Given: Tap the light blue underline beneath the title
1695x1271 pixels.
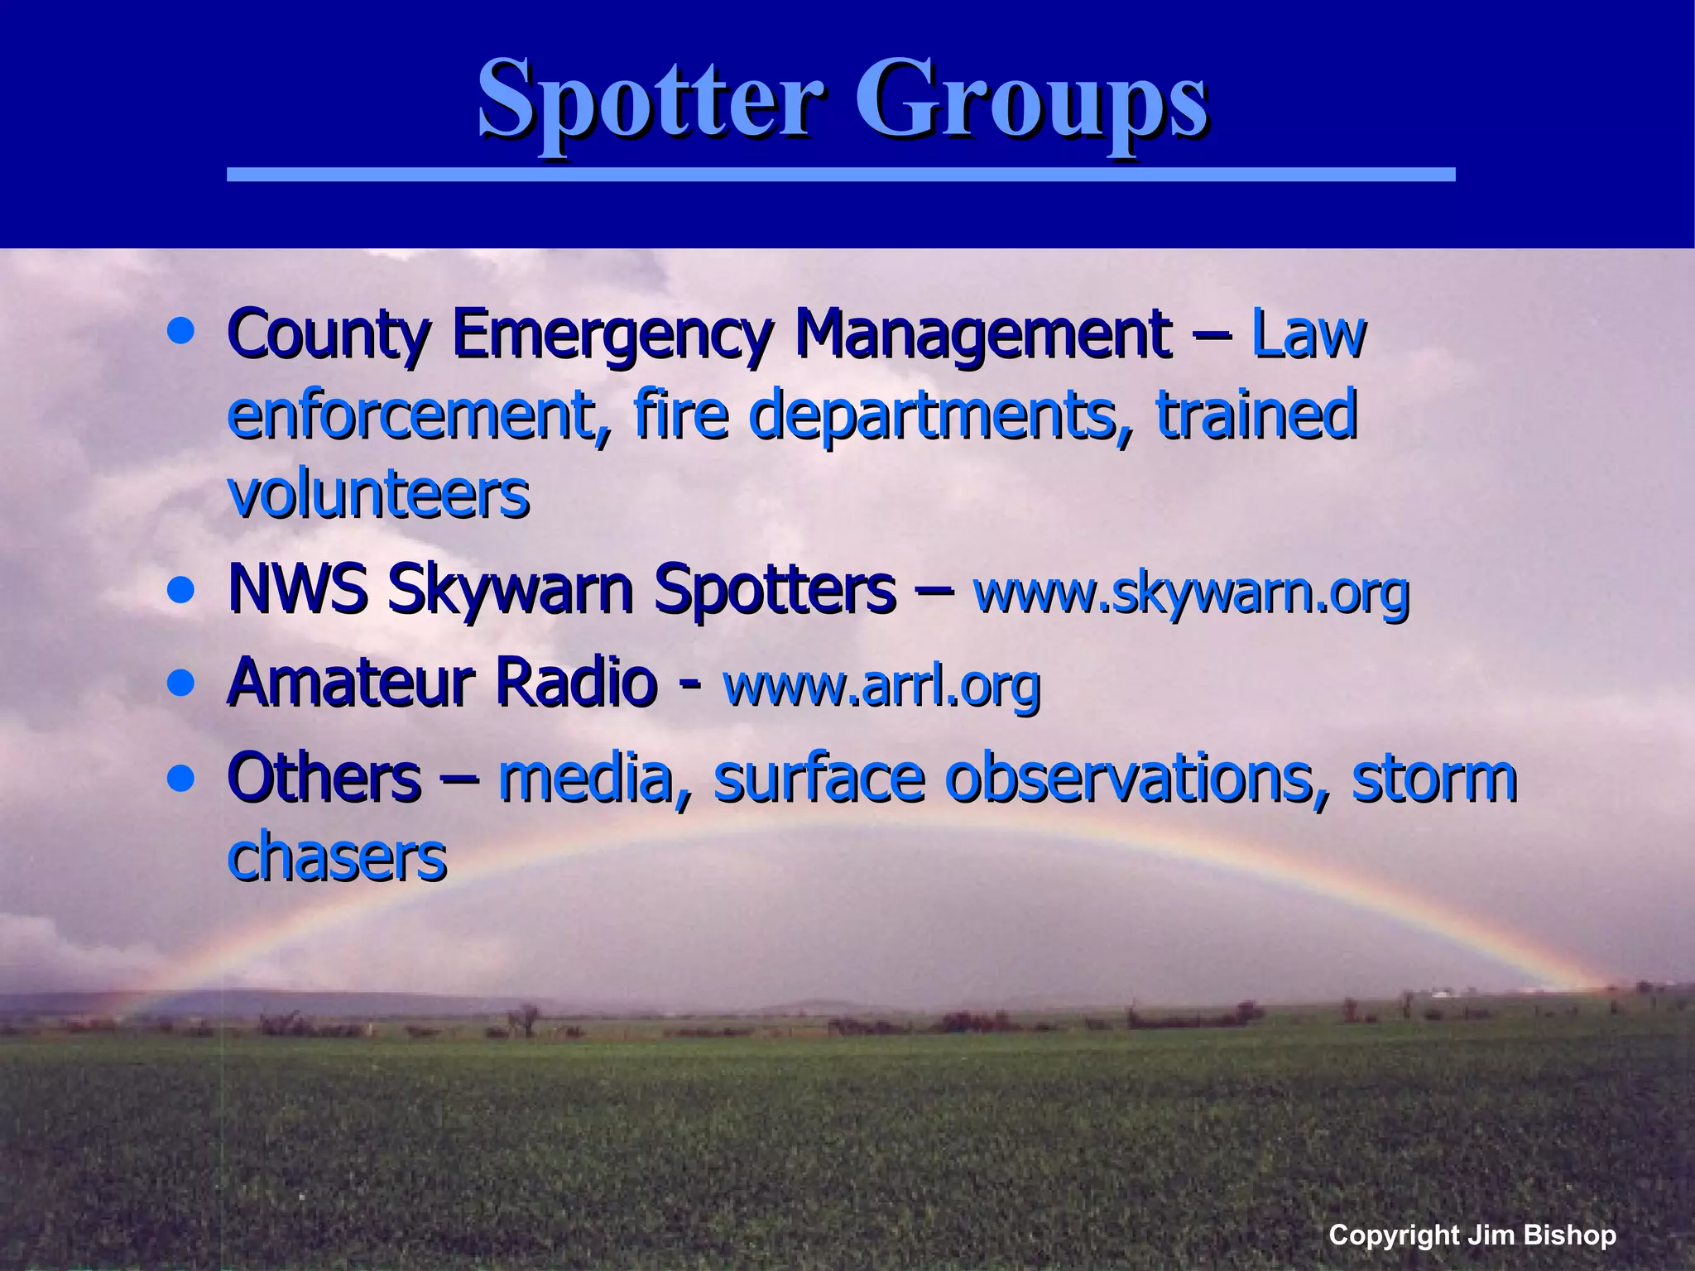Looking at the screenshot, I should coord(840,175).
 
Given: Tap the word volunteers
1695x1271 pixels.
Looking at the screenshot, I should coord(378,495).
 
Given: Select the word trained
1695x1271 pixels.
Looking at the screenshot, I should coord(1256,416).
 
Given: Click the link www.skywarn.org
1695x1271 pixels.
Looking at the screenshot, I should coord(1192,592).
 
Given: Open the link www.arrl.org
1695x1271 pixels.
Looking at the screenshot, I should coord(881,686).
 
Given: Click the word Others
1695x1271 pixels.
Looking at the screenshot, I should coord(324,778).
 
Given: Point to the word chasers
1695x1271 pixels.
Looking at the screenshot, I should coord(337,857).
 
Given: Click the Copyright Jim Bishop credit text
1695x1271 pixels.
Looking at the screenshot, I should coord(1472,1235).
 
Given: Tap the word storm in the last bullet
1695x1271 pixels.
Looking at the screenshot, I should coord(1434,779).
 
